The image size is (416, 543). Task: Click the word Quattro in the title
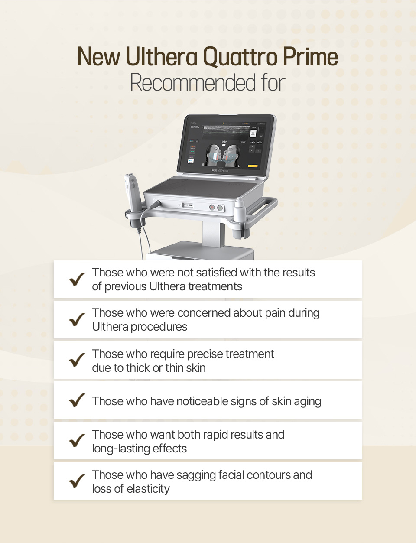[240, 58]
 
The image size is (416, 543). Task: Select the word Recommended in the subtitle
[193, 83]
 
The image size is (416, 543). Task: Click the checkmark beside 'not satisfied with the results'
[77, 279]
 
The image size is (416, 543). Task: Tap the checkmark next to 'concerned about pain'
[77, 320]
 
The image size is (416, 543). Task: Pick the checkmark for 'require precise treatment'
[77, 360]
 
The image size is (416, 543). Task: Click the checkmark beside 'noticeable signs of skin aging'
[77, 400]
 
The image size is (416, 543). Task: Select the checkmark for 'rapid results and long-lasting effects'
[77, 441]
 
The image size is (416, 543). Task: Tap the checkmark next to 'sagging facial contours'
[77, 481]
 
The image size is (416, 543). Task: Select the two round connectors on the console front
[216, 208]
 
